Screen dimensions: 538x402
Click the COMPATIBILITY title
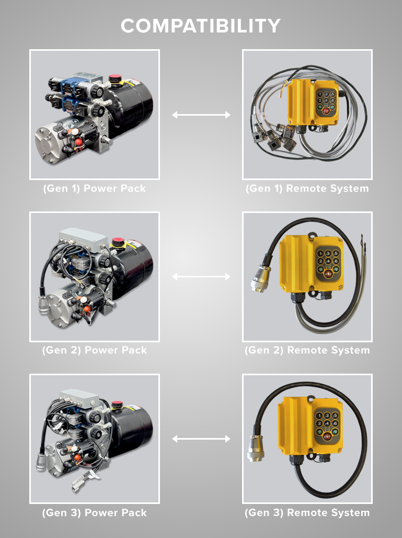(x=201, y=26)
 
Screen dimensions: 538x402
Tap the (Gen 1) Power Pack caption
(x=94, y=188)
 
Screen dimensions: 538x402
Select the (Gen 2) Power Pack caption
(x=94, y=350)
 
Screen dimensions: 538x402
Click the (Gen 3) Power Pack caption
(x=94, y=512)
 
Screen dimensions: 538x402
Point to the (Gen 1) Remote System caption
(x=307, y=188)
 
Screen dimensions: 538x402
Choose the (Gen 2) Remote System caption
(x=307, y=350)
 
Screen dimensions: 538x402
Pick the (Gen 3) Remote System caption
(x=307, y=512)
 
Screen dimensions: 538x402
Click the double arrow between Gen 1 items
(x=201, y=115)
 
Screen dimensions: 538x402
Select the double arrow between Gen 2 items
(x=201, y=276)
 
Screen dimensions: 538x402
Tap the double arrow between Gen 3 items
(x=201, y=439)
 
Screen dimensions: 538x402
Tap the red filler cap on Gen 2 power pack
(x=117, y=243)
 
